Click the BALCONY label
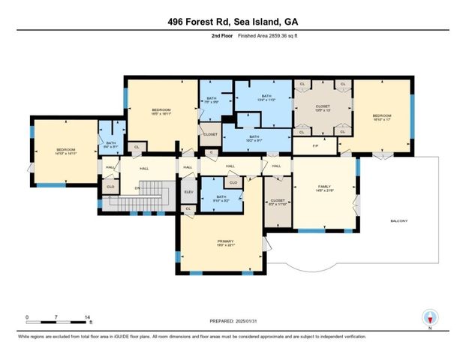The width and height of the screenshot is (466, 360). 399,221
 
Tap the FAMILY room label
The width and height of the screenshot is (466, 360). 324,187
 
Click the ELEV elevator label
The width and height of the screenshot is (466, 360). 188,192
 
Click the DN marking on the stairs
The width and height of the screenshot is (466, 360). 137,187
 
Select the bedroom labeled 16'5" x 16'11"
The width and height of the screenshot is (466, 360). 161,112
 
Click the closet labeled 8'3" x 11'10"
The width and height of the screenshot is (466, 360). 277,202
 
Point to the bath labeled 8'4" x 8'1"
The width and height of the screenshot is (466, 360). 110,145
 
